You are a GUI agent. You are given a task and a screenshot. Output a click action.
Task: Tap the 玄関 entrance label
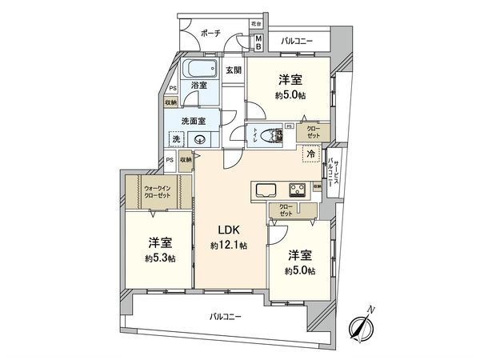(x=232, y=70)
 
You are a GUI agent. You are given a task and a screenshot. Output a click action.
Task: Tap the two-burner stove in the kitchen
(x=296, y=190)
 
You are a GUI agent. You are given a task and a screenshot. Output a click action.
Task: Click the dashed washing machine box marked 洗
(x=176, y=140)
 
